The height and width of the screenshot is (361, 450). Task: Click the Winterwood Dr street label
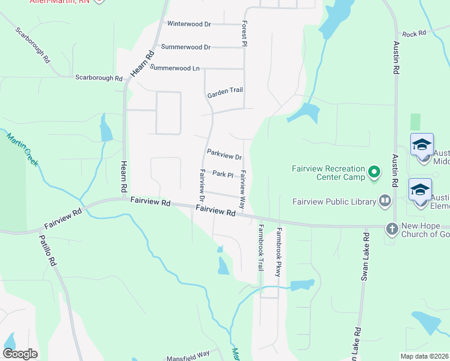[x=189, y=24]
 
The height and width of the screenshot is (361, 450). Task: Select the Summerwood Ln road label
[x=174, y=68]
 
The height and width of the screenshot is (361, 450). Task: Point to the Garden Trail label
[x=225, y=91]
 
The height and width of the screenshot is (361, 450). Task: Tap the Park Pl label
[x=223, y=174]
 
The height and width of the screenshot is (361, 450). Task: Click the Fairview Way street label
[x=243, y=180]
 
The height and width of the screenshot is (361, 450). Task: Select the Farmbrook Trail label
[x=260, y=247]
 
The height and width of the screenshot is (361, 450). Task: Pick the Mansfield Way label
[x=188, y=354]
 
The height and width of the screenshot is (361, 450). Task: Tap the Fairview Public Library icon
[x=385, y=202]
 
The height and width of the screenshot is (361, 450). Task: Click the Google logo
[x=20, y=354]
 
